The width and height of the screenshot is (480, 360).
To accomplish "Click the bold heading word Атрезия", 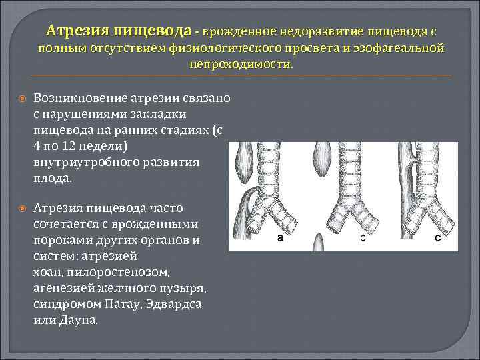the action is pos(78,31).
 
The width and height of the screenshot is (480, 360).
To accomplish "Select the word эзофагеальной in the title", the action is pos(399,49).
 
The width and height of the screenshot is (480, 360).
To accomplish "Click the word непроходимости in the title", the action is pos(241,65).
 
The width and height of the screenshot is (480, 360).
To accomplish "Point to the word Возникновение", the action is pos(81,98).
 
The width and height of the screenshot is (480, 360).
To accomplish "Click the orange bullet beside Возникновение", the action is pos(22,99).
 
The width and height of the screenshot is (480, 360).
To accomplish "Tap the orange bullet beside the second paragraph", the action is pos(22,209).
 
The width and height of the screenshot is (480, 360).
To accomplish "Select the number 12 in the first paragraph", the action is pos(69,146).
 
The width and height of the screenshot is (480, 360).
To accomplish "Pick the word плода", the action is pos(53,178).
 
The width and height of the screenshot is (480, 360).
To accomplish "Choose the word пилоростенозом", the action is pos(118,273).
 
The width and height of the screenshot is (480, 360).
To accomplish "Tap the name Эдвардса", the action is pos(173,304).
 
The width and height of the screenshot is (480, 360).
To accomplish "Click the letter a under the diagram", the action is pos(280,237).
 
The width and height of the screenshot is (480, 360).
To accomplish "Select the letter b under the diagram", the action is pos(363,237).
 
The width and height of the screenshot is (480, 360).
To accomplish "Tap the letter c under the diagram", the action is pos(438,237).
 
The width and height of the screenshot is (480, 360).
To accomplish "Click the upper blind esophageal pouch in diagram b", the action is pos(322,159).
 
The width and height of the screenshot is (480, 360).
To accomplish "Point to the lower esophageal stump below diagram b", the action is pos(319,243).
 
